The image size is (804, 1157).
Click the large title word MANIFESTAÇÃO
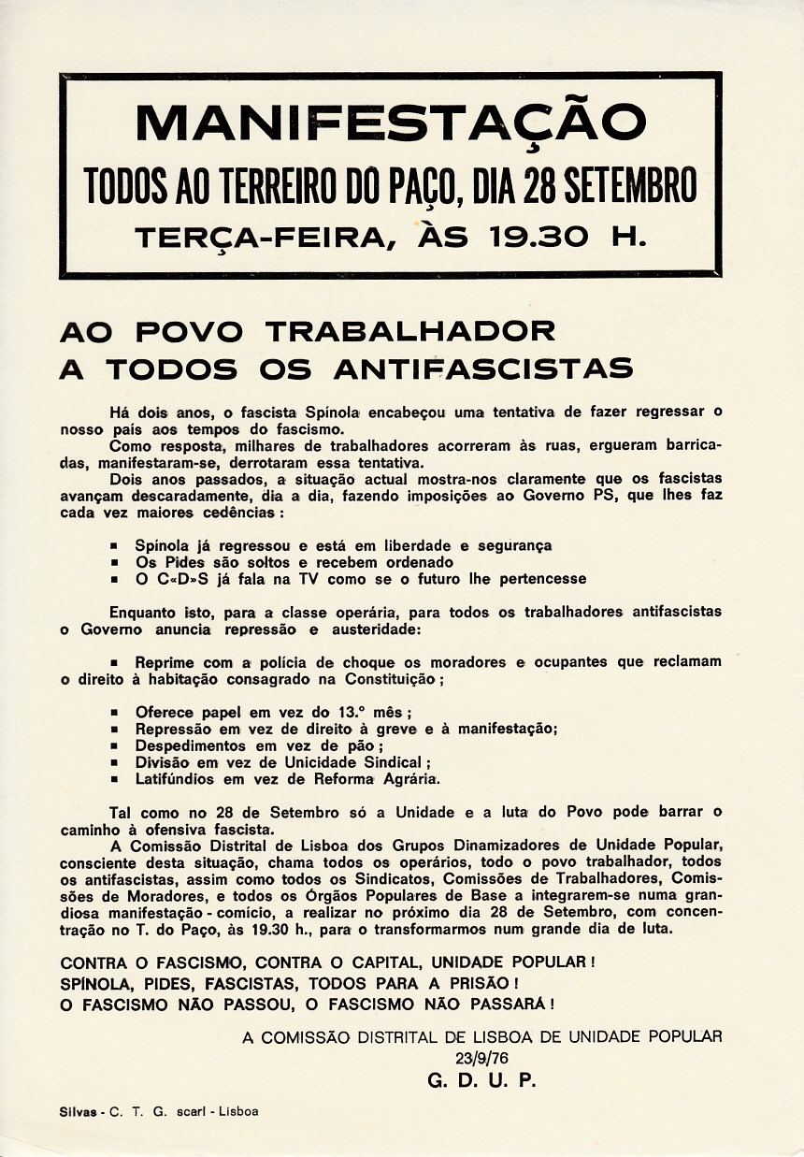[x=390, y=123]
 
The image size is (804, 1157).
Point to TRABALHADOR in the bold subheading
[x=410, y=331]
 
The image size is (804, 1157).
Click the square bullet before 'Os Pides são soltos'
[x=115, y=563]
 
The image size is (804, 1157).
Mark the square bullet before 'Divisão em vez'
[x=115, y=762]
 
